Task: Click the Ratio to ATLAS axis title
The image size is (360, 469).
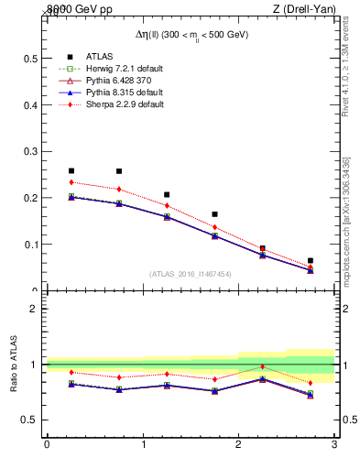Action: coord(14,364)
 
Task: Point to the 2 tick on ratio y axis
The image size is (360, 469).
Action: coord(35,309)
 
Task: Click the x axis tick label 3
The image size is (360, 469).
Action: coord(334,445)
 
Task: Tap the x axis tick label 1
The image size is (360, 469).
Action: coord(143,445)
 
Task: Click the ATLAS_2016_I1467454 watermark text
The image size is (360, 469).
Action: coord(190,274)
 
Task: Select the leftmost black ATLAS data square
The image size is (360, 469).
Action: coord(71,170)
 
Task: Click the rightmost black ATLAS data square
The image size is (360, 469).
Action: coord(311,261)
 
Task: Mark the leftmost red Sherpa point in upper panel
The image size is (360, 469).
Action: coord(71,182)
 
